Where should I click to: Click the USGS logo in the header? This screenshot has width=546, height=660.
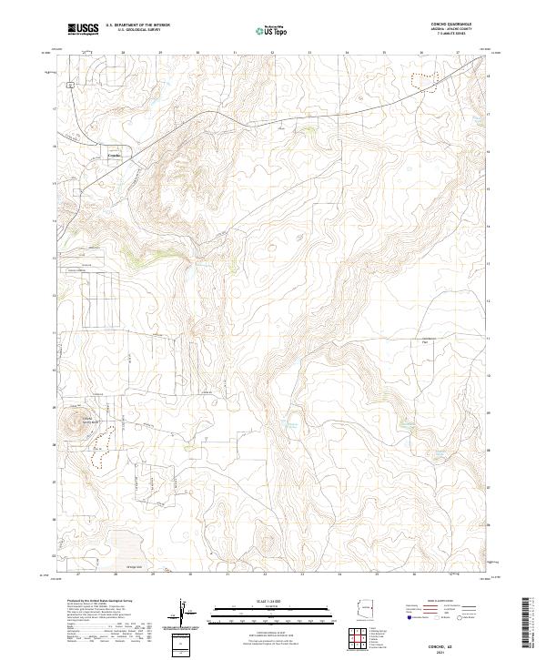pos(83,30)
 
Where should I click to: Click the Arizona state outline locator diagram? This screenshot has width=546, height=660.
pos(367,608)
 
